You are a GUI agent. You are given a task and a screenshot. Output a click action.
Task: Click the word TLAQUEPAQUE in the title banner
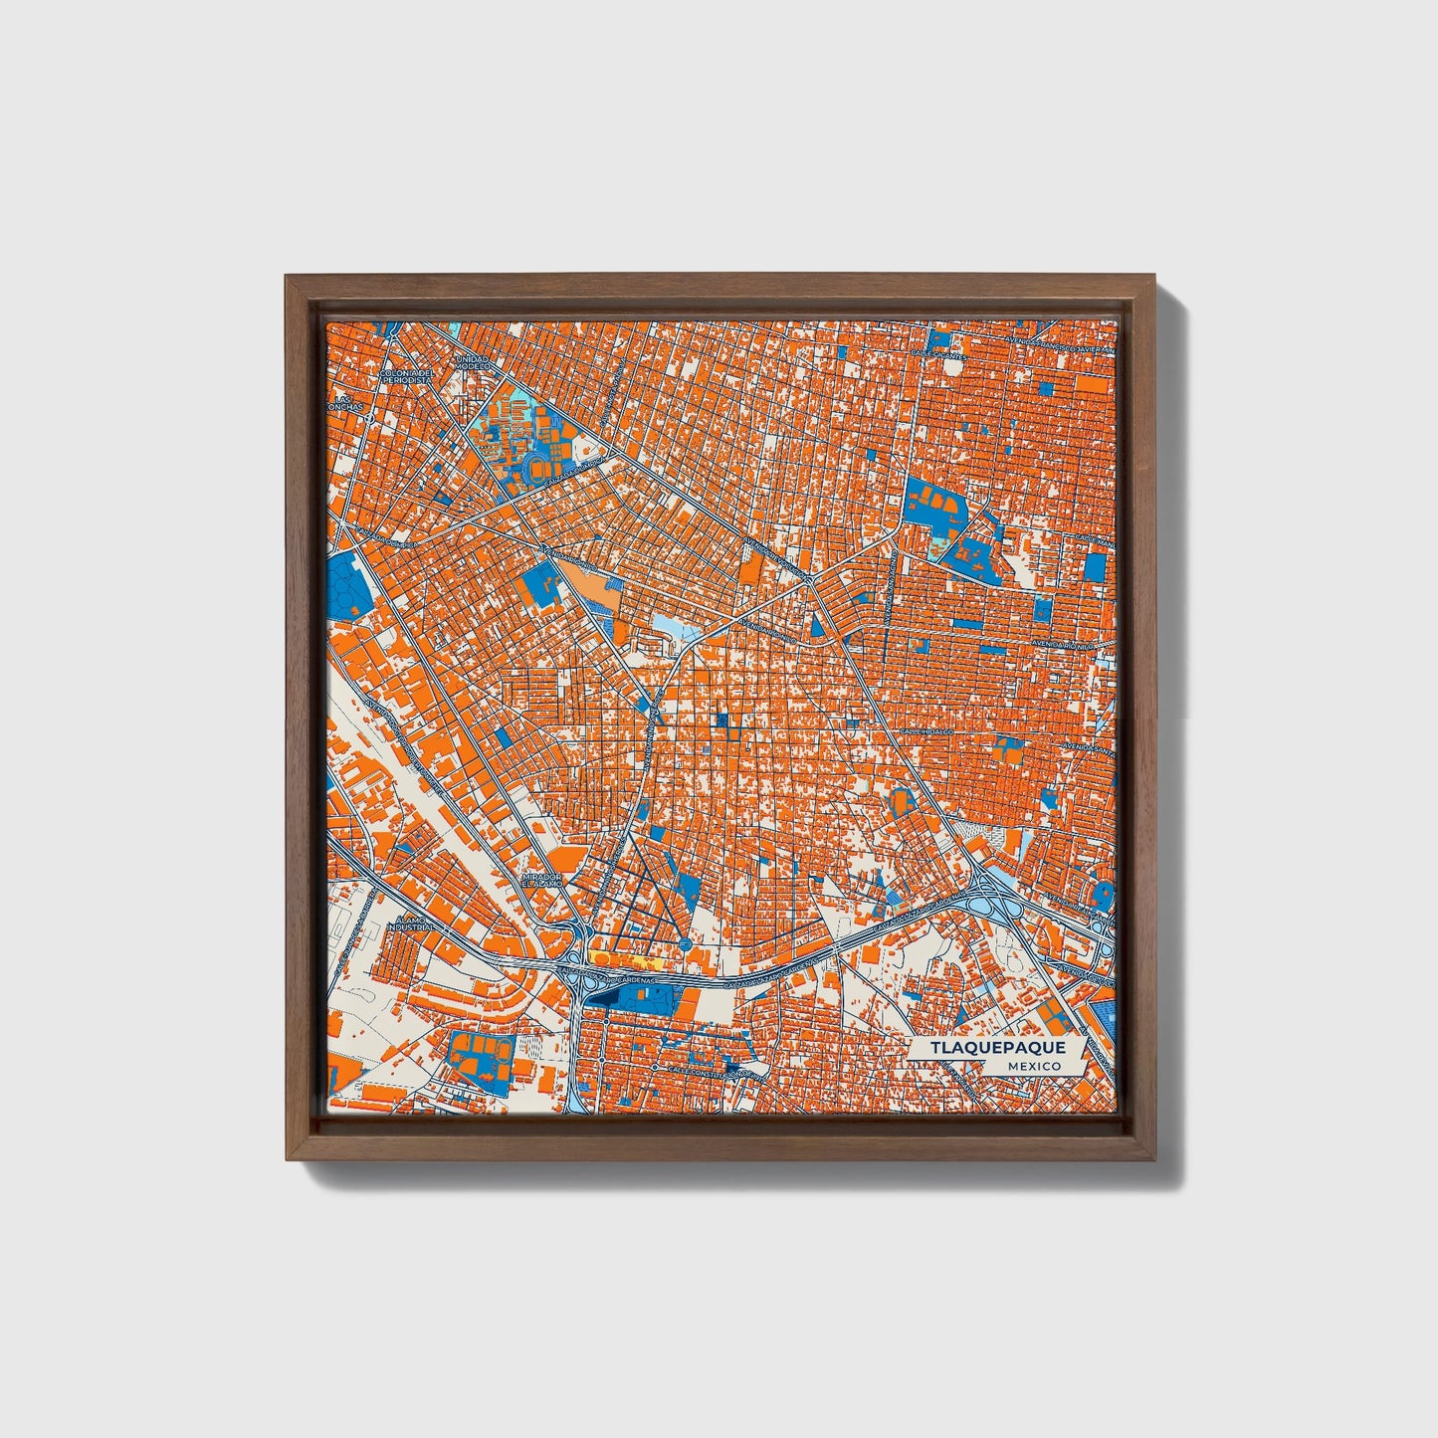click(x=998, y=1048)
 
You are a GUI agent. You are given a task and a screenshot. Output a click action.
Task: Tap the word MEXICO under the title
click(x=1032, y=1066)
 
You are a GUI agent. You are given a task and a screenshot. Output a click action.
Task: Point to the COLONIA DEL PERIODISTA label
click(x=407, y=376)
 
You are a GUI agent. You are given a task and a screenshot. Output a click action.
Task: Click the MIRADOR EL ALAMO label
click(x=543, y=880)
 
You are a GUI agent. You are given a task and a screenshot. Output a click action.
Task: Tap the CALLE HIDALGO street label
click(x=926, y=730)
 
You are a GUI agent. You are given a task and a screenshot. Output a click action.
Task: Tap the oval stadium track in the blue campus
click(x=538, y=465)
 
